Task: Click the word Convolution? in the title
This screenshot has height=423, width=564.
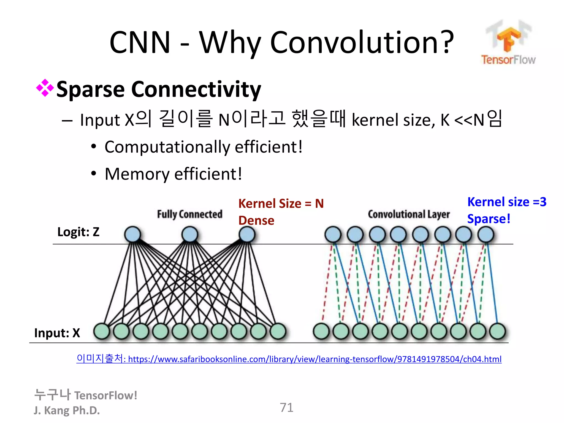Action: [x=362, y=43]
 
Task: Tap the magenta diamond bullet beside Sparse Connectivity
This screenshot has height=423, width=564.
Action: [x=45, y=88]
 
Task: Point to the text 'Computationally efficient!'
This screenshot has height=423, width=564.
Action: [x=204, y=147]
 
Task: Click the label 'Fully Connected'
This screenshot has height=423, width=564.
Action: [x=189, y=214]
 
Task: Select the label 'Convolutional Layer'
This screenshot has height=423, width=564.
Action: [x=409, y=214]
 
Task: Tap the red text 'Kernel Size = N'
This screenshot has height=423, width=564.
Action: [x=281, y=204]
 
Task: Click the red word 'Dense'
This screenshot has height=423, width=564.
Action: [x=256, y=221]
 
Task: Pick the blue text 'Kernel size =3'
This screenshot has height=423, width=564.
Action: [x=507, y=202]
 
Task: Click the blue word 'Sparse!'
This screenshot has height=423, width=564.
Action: [x=489, y=219]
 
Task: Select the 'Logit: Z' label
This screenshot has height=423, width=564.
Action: [x=78, y=232]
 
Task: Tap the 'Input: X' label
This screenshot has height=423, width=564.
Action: [x=57, y=333]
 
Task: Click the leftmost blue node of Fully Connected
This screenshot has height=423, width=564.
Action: [x=132, y=234]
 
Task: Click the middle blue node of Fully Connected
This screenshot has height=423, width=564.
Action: [x=190, y=234]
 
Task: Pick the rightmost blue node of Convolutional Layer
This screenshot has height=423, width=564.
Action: [x=486, y=234]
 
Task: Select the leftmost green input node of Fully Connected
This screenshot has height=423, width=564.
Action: [x=102, y=331]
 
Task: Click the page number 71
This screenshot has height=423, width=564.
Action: [x=286, y=407]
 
